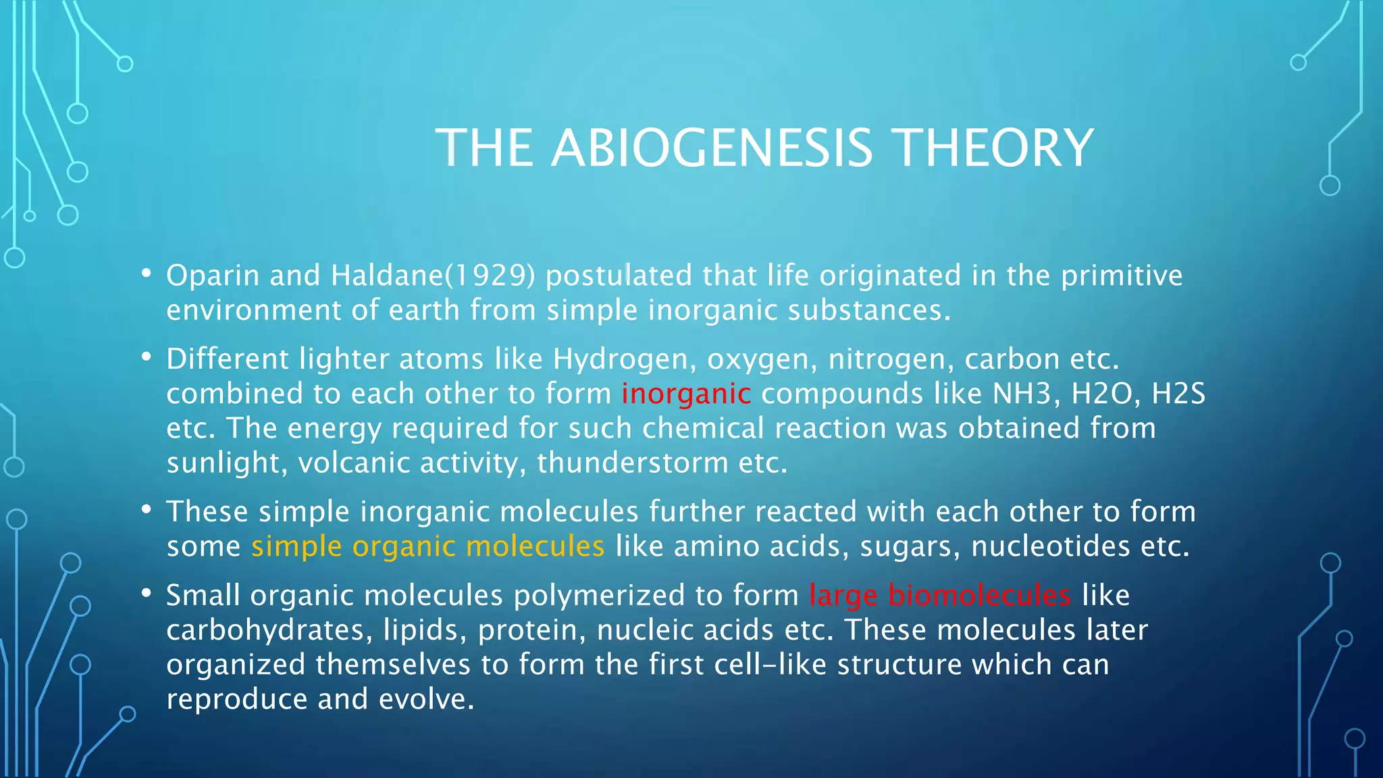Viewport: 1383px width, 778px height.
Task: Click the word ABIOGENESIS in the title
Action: point(712,148)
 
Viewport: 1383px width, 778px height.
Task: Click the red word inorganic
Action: point(685,394)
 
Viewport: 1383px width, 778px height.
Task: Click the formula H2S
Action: point(1178,394)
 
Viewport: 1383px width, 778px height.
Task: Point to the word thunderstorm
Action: point(632,463)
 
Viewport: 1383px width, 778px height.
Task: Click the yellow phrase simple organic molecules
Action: point(427,546)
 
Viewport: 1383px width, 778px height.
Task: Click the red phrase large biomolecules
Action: point(939,596)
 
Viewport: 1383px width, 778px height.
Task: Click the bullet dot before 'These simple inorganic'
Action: point(146,510)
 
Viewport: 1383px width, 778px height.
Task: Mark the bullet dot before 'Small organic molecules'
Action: point(146,594)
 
